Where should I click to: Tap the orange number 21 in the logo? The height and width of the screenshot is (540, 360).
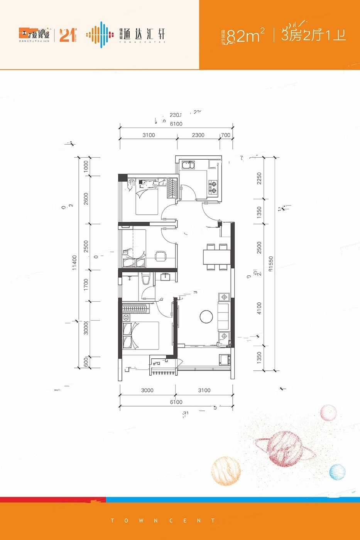(67, 35)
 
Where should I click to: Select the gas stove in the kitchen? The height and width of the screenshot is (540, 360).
(213, 186)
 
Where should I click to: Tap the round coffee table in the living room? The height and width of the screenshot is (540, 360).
(206, 317)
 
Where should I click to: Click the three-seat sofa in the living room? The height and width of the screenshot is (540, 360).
(224, 317)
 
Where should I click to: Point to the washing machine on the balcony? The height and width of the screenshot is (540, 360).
(224, 360)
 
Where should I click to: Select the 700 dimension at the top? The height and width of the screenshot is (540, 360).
(226, 135)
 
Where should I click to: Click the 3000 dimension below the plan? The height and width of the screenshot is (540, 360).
(147, 390)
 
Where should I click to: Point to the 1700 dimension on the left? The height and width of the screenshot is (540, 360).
(86, 284)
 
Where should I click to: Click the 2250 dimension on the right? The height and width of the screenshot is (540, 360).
(259, 178)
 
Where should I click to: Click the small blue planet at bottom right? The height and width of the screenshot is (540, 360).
(337, 471)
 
